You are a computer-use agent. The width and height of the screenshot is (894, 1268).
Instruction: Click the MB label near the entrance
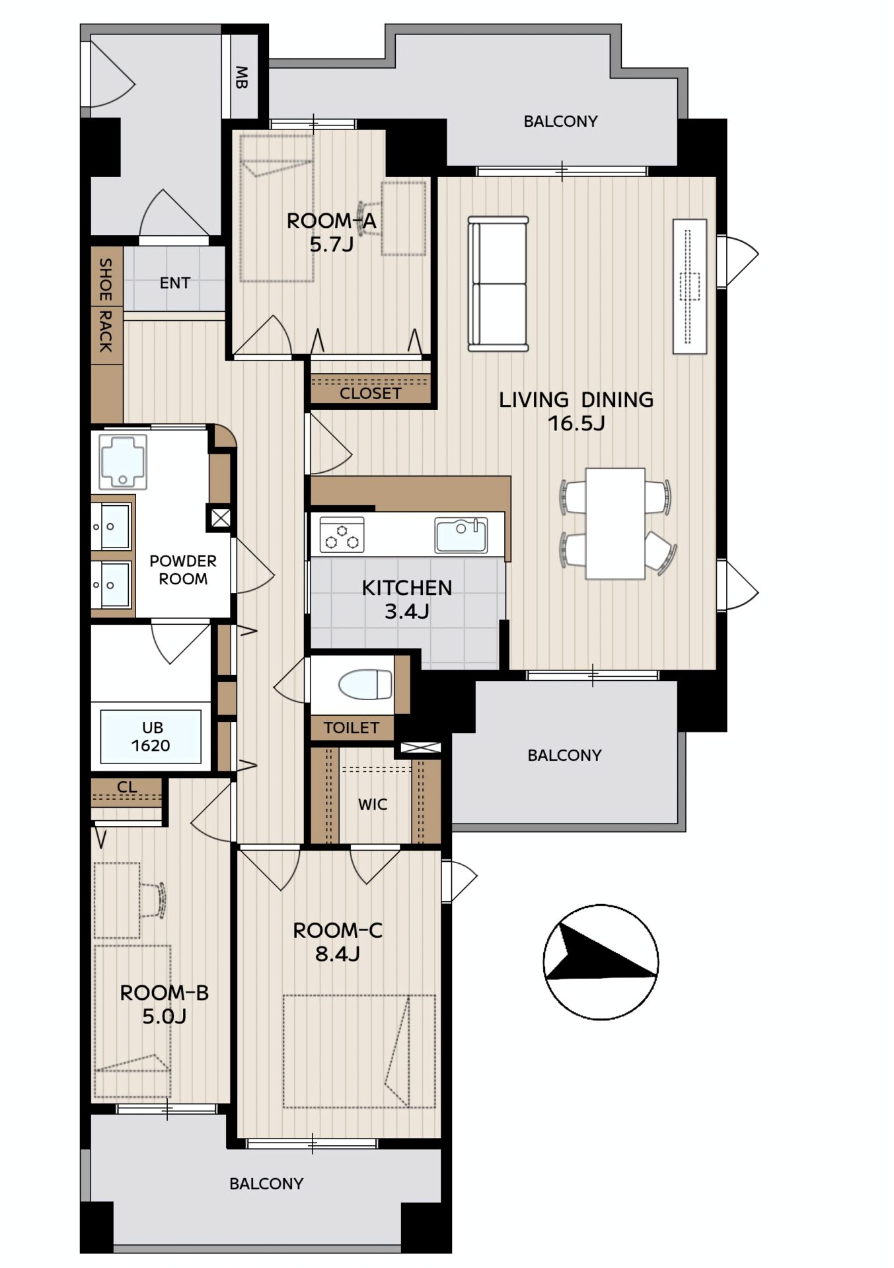pyautogui.click(x=241, y=78)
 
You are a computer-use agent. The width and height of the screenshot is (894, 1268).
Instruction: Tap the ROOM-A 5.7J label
pyautogui.click(x=332, y=232)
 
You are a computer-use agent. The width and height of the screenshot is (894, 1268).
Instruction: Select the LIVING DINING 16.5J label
pyautogui.click(x=576, y=411)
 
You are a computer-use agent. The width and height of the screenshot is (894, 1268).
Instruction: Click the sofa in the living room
pyautogui.click(x=498, y=283)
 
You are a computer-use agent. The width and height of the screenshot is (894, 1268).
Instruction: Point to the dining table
pyautogui.click(x=615, y=524)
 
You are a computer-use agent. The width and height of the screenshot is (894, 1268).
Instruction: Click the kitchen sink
pyautogui.click(x=461, y=535)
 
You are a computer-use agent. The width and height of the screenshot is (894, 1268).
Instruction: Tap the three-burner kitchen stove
pyautogui.click(x=342, y=534)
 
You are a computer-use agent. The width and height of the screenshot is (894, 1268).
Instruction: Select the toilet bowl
pyautogui.click(x=365, y=685)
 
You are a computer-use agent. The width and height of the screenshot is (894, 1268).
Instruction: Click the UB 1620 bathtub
pyautogui.click(x=151, y=736)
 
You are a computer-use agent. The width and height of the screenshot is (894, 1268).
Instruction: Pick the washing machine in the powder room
pyautogui.click(x=123, y=461)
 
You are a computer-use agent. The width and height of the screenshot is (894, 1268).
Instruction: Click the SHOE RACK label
pyautogui.click(x=106, y=305)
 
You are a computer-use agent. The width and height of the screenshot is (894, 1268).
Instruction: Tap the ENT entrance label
pyautogui.click(x=175, y=283)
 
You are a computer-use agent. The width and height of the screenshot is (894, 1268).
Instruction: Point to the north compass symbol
pyautogui.click(x=601, y=962)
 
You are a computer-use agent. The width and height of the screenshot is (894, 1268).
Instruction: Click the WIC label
pyautogui.click(x=373, y=804)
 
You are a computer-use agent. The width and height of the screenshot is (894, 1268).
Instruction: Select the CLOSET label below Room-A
pyautogui.click(x=371, y=394)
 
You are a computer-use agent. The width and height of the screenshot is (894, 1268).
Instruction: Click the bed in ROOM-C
pyautogui.click(x=359, y=1051)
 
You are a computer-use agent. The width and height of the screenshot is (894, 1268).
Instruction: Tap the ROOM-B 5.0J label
pyautogui.click(x=164, y=1004)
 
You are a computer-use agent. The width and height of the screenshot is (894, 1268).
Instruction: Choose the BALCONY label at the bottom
pyautogui.click(x=266, y=1183)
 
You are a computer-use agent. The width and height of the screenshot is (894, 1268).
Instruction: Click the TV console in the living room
pyautogui.click(x=690, y=287)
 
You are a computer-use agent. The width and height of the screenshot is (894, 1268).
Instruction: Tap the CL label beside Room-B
pyautogui.click(x=127, y=787)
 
